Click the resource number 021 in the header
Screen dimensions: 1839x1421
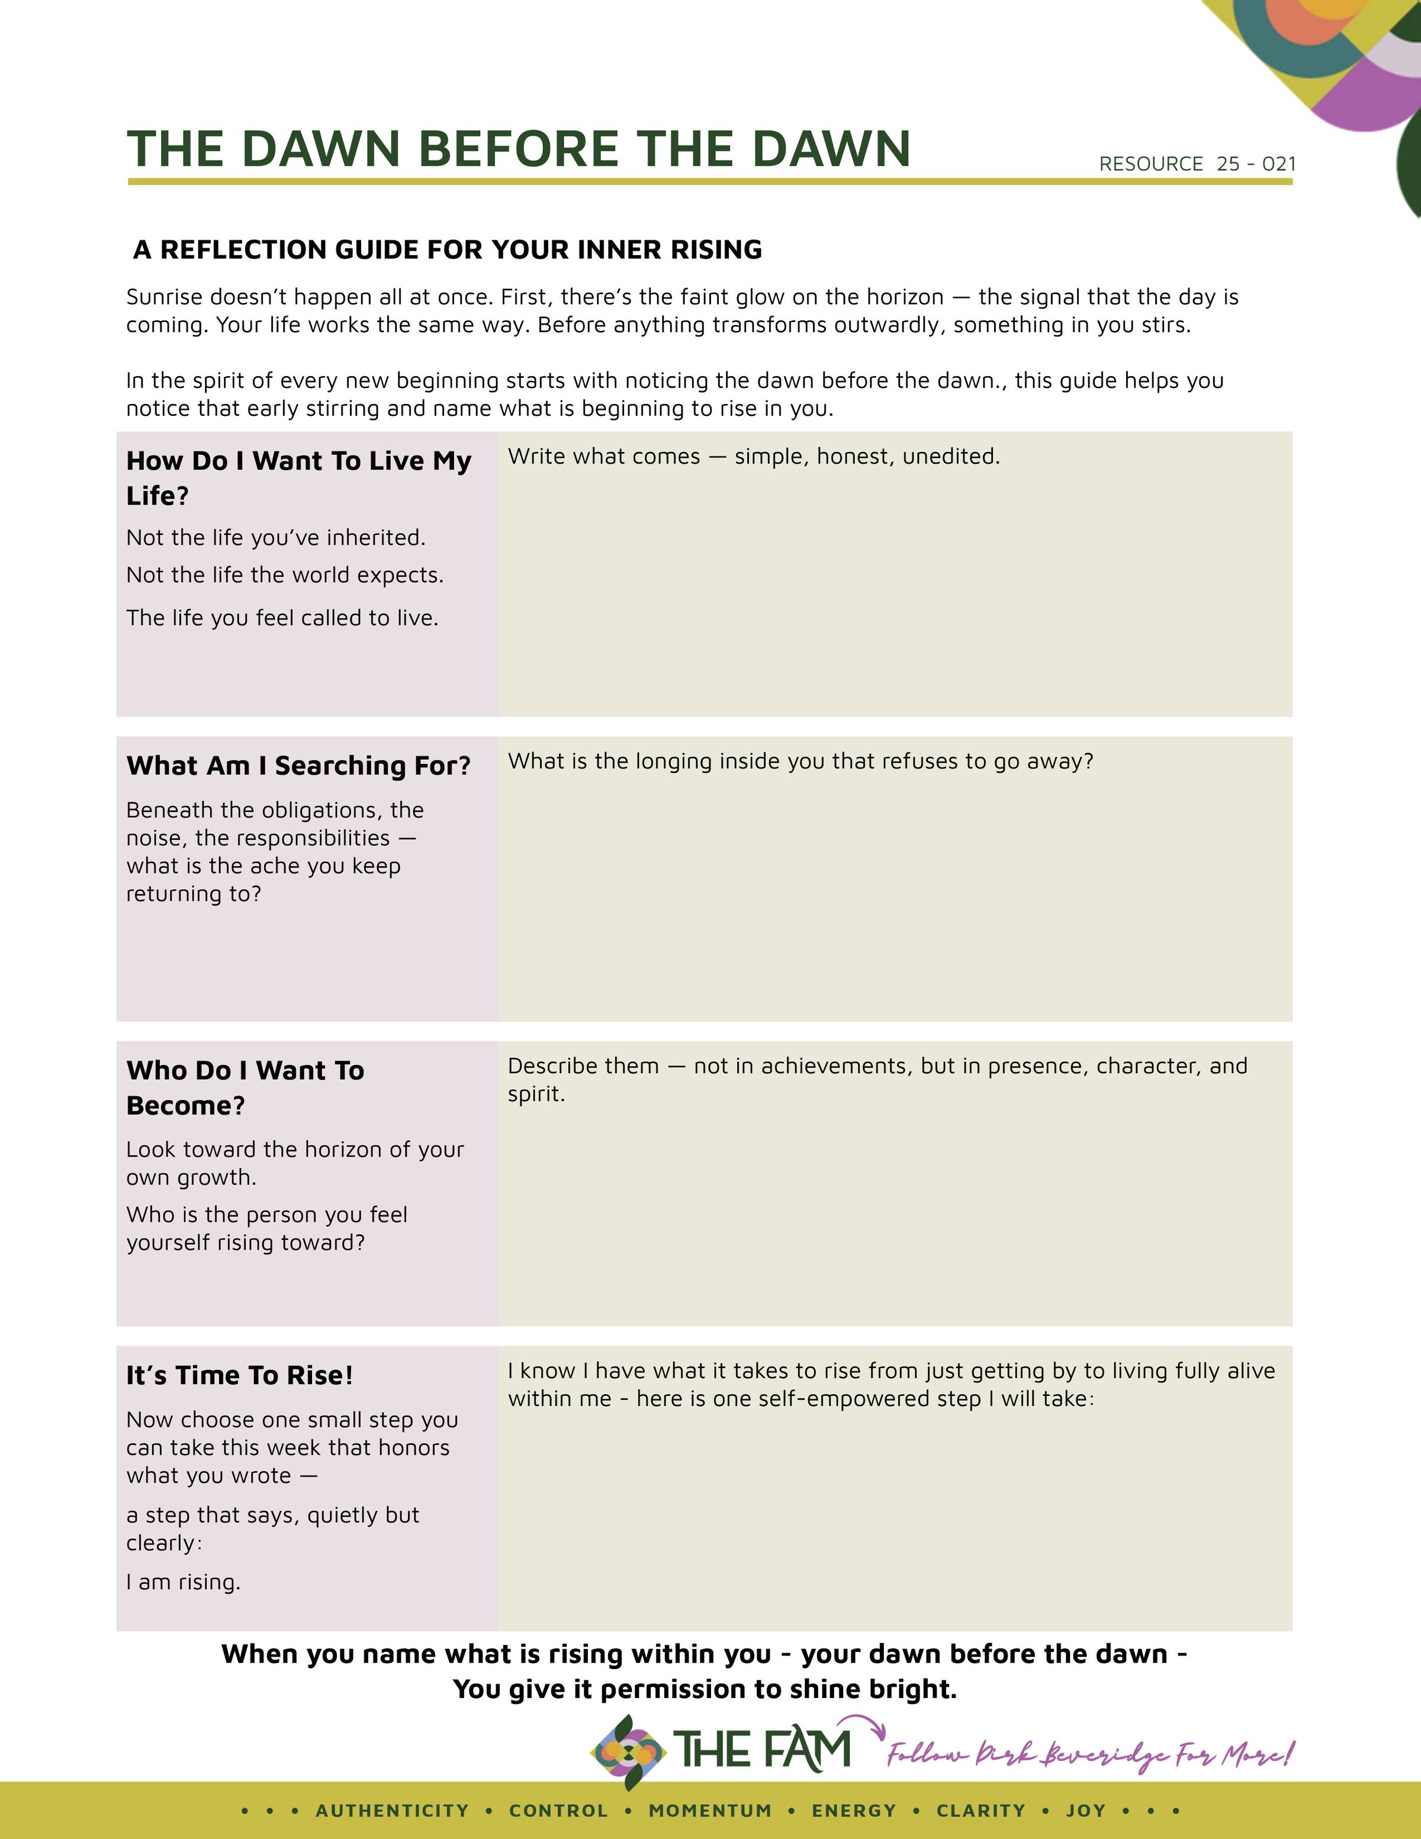pos(1279,164)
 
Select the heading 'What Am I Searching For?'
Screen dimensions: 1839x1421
pos(298,765)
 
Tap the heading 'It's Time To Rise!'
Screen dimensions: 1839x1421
pos(239,1375)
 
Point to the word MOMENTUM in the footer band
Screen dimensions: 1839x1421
pos(710,1811)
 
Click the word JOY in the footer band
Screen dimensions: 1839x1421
pos(1086,1811)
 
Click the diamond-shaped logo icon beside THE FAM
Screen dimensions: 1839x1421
pos(628,1753)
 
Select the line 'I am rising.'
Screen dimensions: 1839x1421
pos(184,1582)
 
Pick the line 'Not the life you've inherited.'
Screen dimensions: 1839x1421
pos(276,537)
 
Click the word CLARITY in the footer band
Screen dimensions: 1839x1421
pos(980,1811)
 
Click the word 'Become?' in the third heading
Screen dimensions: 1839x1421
pos(185,1106)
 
